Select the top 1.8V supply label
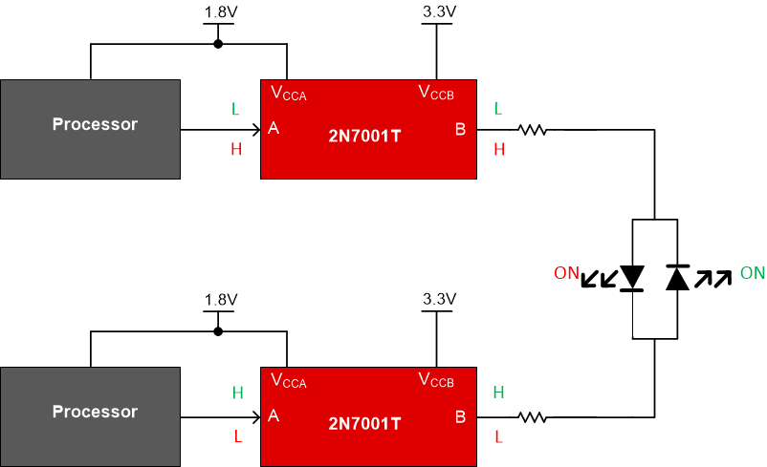coord(219,12)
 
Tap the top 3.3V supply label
coord(437,12)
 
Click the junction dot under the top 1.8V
coord(219,44)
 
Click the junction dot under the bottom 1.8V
coord(219,331)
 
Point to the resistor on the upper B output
coord(533,129)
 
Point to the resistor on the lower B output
coord(533,416)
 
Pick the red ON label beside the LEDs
coord(566,273)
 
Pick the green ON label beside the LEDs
coord(752,273)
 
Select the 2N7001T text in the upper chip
coord(364,136)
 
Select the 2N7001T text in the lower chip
coord(364,423)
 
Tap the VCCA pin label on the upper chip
coord(289,94)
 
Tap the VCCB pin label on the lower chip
coord(436,381)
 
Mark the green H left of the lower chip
coord(236,392)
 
